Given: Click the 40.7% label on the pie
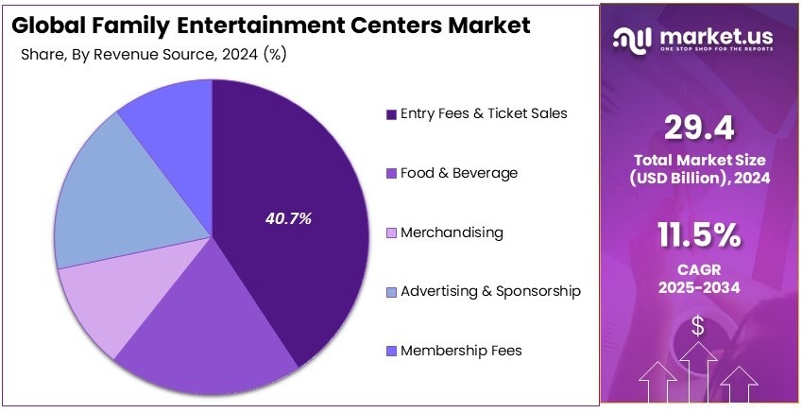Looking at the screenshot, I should click(287, 218).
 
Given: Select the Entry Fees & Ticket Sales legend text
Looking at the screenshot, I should click(484, 113).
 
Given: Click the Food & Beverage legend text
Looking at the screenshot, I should click(459, 173).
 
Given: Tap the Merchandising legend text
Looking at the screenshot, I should click(452, 232).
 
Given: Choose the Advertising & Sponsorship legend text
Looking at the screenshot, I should click(490, 291).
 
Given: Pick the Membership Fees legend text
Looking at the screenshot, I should click(461, 351).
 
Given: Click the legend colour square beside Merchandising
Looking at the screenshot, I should click(390, 232).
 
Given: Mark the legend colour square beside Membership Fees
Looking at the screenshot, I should click(390, 352).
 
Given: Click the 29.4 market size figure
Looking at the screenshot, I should click(699, 126).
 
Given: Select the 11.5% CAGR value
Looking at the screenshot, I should click(699, 232).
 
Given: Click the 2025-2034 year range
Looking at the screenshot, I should click(699, 286).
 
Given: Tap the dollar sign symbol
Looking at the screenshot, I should click(698, 326).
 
